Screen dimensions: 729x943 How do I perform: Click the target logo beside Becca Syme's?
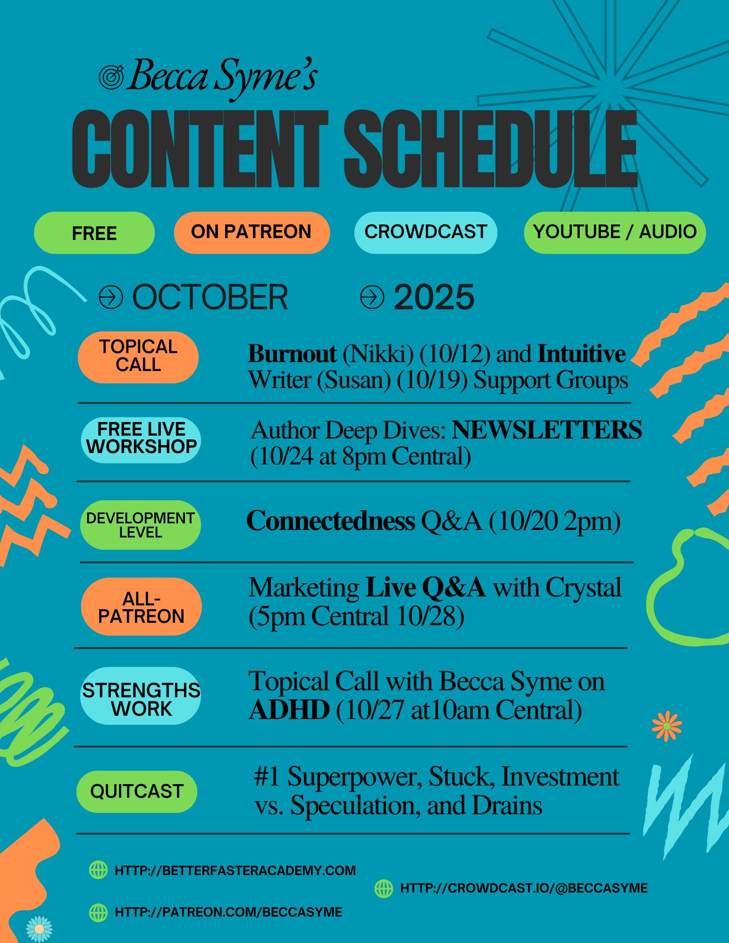pyautogui.click(x=111, y=77)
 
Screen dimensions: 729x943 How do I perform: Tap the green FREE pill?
pyautogui.click(x=94, y=233)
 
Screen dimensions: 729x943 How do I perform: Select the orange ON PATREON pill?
pyautogui.click(x=251, y=232)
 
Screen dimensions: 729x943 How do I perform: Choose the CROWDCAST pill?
pyautogui.click(x=426, y=232)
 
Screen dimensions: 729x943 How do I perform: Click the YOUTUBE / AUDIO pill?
pyautogui.click(x=615, y=232)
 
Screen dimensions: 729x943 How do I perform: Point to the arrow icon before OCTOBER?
pyautogui.click(x=111, y=297)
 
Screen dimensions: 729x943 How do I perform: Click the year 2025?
pyautogui.click(x=434, y=297)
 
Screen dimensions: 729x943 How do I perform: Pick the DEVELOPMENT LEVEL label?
pyautogui.click(x=141, y=525)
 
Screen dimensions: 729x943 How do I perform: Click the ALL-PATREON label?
pyautogui.click(x=141, y=607)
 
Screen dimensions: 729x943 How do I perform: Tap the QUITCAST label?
pyautogui.click(x=137, y=792)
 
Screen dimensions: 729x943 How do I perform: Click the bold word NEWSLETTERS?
pyautogui.click(x=547, y=430)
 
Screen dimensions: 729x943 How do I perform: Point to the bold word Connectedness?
pyautogui.click(x=331, y=521)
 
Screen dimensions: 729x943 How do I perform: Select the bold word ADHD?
pyautogui.click(x=289, y=710)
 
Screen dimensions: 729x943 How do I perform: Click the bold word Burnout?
pyautogui.click(x=292, y=354)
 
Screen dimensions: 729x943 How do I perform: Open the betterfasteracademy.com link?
pyautogui.click(x=235, y=870)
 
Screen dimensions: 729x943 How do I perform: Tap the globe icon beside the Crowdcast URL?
pyautogui.click(x=384, y=888)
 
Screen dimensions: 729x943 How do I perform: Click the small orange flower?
pyautogui.click(x=667, y=726)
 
